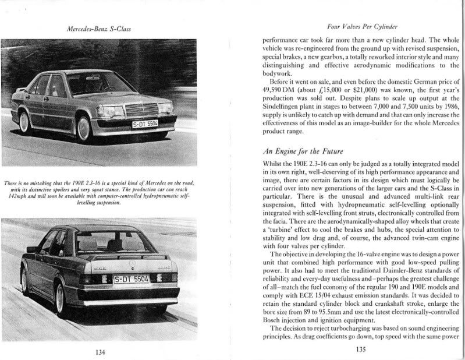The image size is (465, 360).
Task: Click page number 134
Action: [100, 352]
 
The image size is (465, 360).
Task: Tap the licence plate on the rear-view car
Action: [132, 279]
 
